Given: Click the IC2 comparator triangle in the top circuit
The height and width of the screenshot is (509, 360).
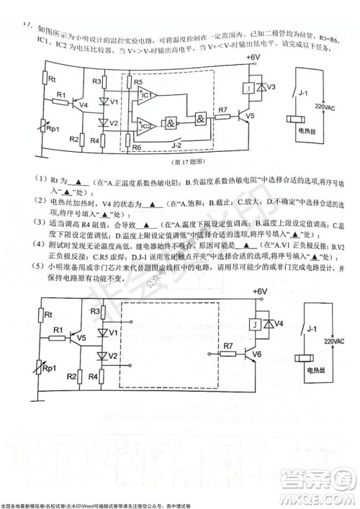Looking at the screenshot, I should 147,125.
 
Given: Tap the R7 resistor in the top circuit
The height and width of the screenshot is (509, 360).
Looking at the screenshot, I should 223,119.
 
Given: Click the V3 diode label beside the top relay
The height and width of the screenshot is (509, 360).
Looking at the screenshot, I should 271,87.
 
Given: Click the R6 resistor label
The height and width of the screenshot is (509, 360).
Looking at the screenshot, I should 137,147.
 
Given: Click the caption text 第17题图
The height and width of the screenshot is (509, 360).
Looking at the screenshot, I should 178,163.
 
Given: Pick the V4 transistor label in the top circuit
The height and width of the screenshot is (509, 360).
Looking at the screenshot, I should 84,104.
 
